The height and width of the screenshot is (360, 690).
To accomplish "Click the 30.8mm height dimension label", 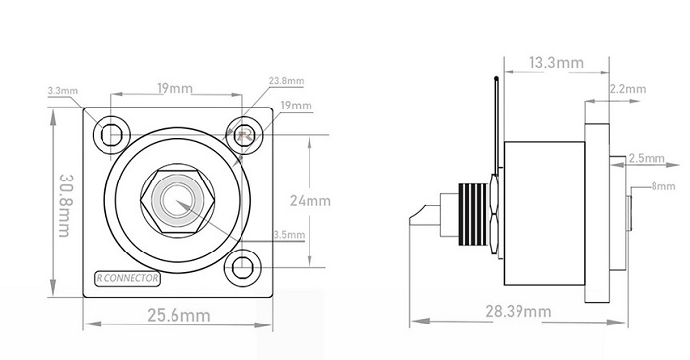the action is point(65,205).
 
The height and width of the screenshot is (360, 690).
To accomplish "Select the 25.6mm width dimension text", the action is point(178,315).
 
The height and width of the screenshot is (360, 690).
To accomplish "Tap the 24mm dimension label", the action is point(310,201).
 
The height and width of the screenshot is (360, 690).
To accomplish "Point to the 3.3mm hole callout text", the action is point(63,91).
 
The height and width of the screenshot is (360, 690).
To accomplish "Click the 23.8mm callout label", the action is point(287,81).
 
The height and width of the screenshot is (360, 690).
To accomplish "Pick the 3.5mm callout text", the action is point(289,235).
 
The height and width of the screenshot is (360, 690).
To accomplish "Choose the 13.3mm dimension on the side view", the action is point(556,63).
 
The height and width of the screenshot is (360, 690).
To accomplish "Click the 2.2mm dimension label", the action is point(628,89).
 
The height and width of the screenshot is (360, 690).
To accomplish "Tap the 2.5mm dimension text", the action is point(647,158).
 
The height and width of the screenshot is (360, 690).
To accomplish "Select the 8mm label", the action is point(663,186).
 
